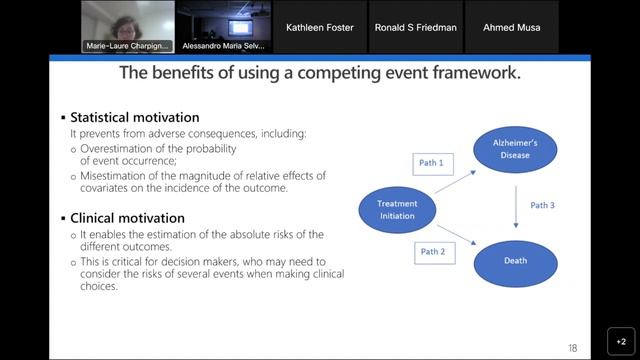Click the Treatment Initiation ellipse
tap(397, 208)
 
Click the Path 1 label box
tap(432, 162)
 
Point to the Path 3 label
tap(543, 206)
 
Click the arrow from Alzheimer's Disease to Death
tap(515, 206)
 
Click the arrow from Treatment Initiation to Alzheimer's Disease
tap(456, 177)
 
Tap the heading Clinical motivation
tap(127, 218)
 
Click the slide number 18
tap(572, 347)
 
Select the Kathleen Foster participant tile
tap(320, 27)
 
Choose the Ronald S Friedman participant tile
tap(415, 27)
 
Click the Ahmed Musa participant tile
tap(511, 27)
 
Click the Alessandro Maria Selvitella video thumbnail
tap(223, 27)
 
